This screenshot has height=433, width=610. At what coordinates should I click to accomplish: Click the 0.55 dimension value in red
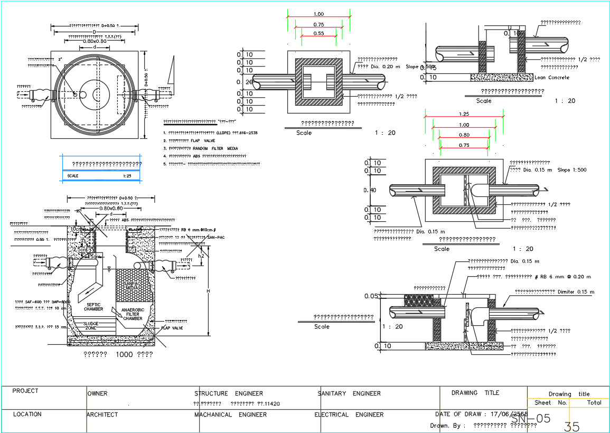pos(318,33)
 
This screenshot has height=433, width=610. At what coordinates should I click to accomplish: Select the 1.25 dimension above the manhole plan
pos(464,114)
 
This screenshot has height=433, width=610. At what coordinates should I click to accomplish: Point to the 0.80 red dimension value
pos(464,135)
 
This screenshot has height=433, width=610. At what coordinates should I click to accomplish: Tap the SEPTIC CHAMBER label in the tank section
pos(93,307)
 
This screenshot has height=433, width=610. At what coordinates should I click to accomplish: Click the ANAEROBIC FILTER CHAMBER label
pos(133,314)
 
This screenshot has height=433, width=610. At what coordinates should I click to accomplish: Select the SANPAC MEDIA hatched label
pos(132,285)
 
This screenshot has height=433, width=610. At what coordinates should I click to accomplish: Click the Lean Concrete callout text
pos(552,78)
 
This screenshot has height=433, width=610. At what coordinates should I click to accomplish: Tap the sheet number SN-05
pos(530,419)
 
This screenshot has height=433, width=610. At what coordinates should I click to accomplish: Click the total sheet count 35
pos(571,427)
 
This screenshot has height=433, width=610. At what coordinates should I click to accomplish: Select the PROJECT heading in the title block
pos(25,391)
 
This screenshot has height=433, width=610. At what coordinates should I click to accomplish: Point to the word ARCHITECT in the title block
pos(102,415)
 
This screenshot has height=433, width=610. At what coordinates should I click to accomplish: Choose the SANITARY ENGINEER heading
pos(349,393)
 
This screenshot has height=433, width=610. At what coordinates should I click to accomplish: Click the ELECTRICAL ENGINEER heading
pos(349,415)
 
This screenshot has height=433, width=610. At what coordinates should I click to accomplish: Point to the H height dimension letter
pos(208,291)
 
